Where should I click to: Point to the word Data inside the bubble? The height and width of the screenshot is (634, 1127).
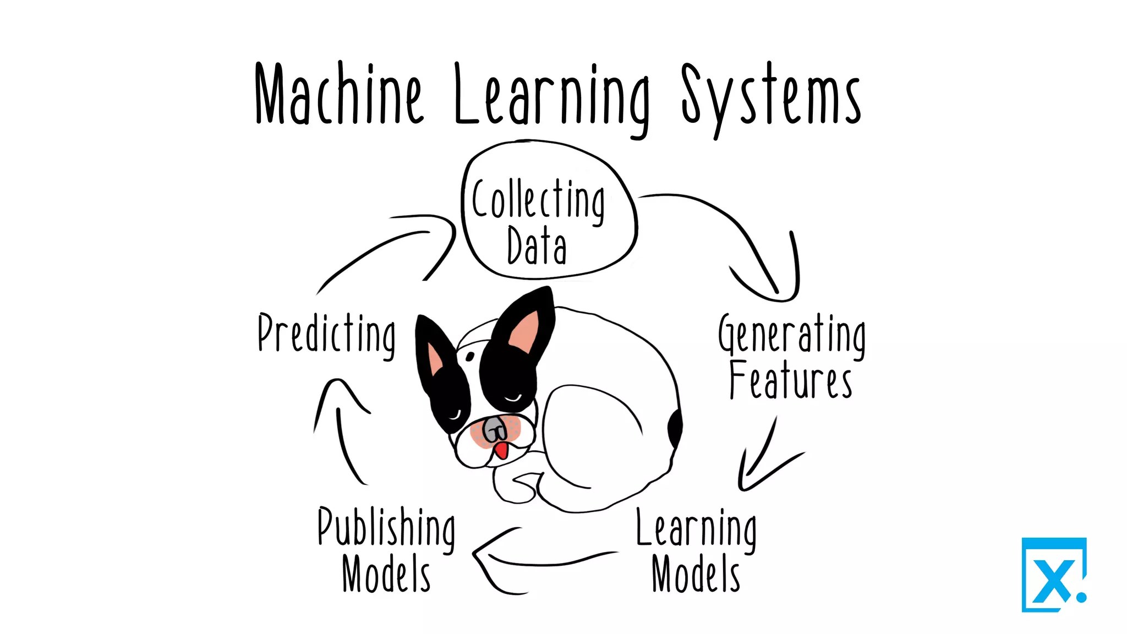pyautogui.click(x=537, y=246)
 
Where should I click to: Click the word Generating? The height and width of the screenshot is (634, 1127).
pyautogui.click(x=791, y=334)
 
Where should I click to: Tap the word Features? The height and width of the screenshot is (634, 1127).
pyautogui.click(x=791, y=380)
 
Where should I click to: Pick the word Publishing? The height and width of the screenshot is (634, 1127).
pyautogui.click(x=386, y=527)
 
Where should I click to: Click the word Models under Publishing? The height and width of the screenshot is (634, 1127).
pyautogui.click(x=386, y=574)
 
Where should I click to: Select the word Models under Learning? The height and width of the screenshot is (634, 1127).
pyautogui.click(x=696, y=574)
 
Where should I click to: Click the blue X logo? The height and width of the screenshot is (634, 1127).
pyautogui.click(x=1054, y=575)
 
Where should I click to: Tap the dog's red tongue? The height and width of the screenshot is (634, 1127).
pyautogui.click(x=501, y=450)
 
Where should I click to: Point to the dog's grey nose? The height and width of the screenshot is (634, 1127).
pyautogui.click(x=494, y=428)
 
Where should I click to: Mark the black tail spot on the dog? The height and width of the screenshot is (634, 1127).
pyautogui.click(x=675, y=428)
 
